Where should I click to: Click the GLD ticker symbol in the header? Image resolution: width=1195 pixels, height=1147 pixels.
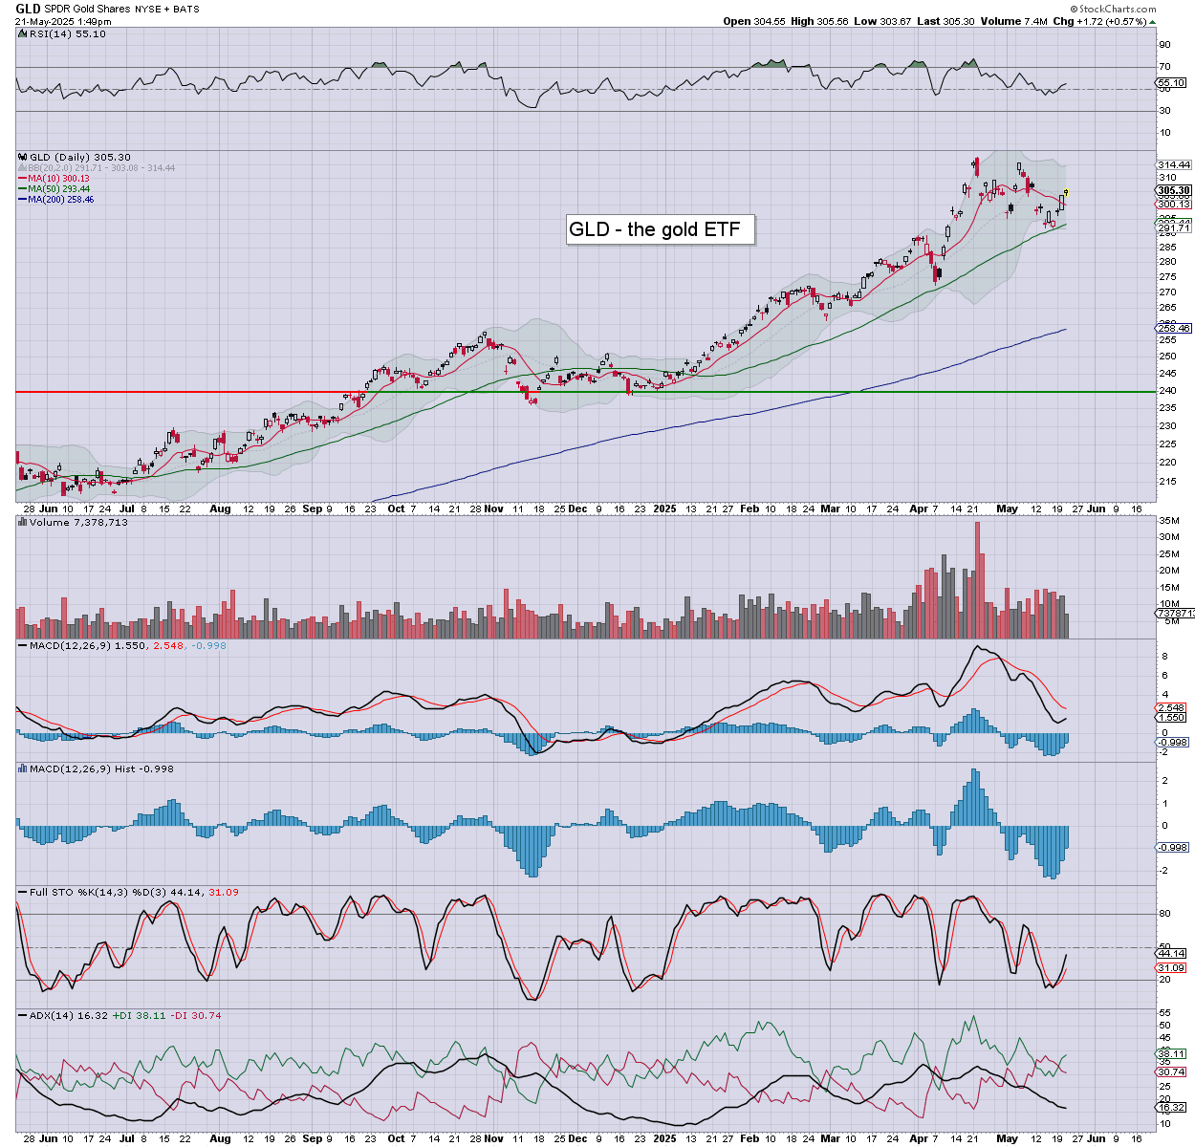[x=28, y=9]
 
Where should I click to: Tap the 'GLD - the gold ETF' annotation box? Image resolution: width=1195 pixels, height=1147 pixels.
[x=655, y=229]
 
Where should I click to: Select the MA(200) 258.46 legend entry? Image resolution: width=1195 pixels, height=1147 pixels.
[x=60, y=200]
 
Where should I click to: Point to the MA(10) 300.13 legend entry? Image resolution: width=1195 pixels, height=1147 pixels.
[x=58, y=179]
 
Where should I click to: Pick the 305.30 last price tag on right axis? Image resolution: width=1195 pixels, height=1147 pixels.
[x=1173, y=191]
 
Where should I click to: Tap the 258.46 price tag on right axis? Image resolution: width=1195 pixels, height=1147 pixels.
[x=1173, y=328]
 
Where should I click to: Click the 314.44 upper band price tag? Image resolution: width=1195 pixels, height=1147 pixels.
[x=1173, y=165]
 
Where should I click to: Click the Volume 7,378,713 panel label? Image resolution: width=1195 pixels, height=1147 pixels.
[x=78, y=523]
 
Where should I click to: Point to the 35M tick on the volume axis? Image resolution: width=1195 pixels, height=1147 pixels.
[x=1168, y=521]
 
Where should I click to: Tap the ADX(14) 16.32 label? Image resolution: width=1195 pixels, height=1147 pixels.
[x=63, y=1016]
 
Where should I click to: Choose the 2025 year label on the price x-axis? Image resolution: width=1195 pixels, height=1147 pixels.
[x=664, y=509]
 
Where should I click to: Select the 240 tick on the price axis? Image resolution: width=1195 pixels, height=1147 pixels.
[x=1167, y=391]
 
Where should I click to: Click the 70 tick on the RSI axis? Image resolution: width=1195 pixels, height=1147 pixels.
[x=1164, y=67]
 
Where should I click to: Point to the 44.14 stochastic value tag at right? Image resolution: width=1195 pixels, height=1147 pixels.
[x=1172, y=954]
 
